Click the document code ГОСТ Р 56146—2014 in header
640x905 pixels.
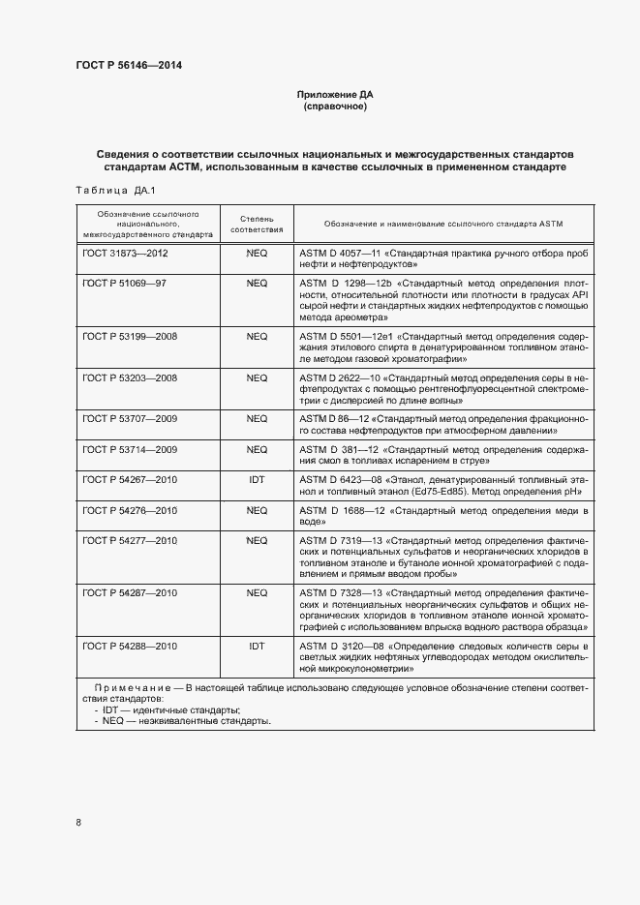pyautogui.click(x=128, y=66)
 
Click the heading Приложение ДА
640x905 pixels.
pyautogui.click(x=334, y=95)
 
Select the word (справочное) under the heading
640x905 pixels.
pyautogui.click(x=334, y=106)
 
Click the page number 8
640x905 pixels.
pyautogui.click(x=78, y=823)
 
